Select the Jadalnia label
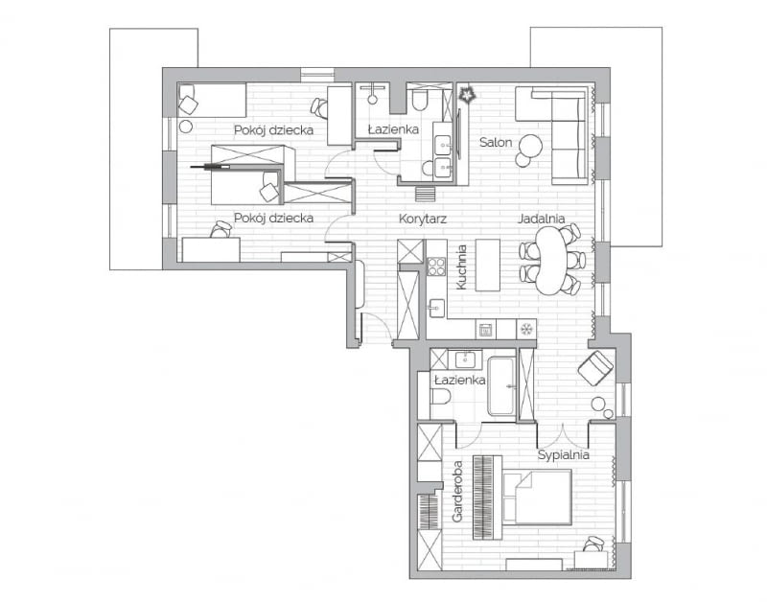(x=541, y=219)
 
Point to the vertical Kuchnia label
(x=462, y=265)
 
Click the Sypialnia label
(x=562, y=455)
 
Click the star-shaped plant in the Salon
(x=469, y=95)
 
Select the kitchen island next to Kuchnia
(x=488, y=264)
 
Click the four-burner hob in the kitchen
(x=435, y=266)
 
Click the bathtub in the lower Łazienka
(x=501, y=386)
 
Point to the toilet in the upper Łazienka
(x=419, y=100)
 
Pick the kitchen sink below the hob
(x=435, y=307)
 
